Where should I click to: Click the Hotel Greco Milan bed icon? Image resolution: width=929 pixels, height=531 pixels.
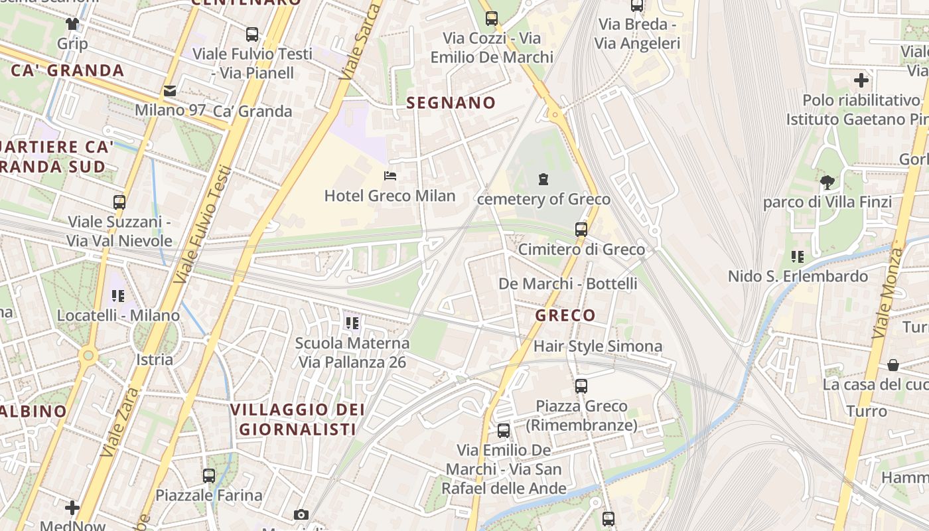[390, 176]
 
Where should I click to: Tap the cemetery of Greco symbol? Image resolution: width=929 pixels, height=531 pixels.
[543, 179]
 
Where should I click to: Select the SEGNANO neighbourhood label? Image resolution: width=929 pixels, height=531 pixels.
[451, 102]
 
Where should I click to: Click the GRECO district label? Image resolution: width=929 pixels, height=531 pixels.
[565, 315]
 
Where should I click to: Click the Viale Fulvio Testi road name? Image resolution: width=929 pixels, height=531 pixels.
[199, 226]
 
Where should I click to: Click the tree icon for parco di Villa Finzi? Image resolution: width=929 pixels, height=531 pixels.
[827, 182]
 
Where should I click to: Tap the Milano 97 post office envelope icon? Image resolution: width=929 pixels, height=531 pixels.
[170, 91]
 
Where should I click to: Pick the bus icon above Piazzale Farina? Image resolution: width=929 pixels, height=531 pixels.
[209, 475]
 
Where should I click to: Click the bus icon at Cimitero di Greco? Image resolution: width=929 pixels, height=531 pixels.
[581, 230]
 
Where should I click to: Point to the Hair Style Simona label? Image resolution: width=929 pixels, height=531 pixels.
[597, 346]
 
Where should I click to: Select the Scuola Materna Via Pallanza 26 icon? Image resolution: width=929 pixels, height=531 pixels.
[352, 323]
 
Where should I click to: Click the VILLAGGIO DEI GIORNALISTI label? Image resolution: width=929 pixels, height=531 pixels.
[298, 419]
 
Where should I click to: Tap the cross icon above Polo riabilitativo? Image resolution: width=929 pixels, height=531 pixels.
[861, 81]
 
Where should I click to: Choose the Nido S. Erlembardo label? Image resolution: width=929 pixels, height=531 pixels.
[798, 276]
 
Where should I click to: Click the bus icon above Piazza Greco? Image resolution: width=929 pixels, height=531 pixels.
[581, 386]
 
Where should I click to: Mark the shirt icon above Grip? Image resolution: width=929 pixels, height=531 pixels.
[72, 24]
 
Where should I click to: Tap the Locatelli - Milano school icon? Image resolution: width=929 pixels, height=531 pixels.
[118, 295]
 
